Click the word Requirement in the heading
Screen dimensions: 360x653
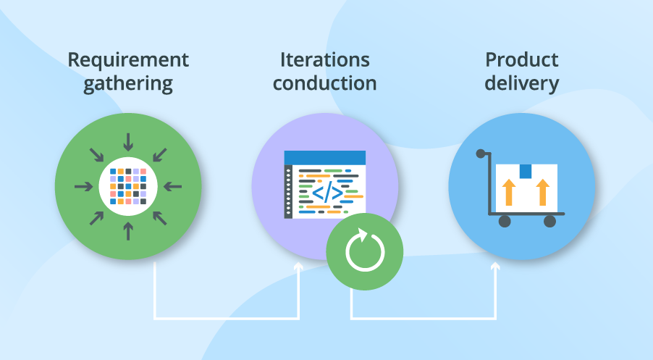tap(128, 60)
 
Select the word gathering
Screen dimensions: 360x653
tap(128, 84)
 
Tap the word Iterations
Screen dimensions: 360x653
tap(324, 60)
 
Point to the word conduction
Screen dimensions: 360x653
tap(324, 83)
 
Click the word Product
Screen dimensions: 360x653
tap(521, 60)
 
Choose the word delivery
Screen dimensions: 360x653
tap(521, 83)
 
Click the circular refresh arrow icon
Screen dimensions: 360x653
tap(363, 251)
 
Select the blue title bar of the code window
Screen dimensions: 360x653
tap(324, 157)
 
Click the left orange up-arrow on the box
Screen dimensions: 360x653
tap(508, 193)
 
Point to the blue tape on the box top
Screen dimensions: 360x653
tap(525, 171)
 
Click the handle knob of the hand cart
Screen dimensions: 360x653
tap(481, 154)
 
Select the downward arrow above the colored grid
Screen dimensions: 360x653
tap(129, 140)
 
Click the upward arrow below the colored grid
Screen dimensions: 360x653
tap(129, 231)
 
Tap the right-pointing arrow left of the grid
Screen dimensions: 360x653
tap(83, 186)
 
